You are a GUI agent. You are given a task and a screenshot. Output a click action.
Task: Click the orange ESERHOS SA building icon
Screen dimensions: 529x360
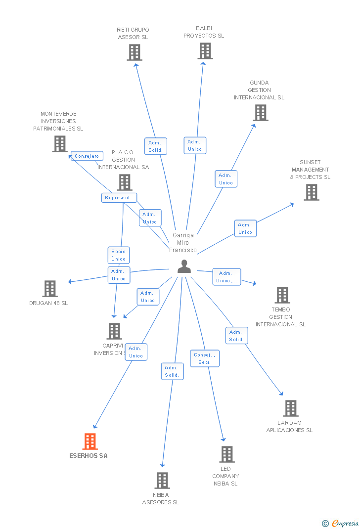[90, 441]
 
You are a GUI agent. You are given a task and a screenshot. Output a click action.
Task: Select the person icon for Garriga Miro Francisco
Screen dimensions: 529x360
[184, 266]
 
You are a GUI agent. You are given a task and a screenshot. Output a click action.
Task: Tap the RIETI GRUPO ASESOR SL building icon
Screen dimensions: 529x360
[135, 52]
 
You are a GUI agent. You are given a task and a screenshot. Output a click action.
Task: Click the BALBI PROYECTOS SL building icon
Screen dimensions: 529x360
[205, 51]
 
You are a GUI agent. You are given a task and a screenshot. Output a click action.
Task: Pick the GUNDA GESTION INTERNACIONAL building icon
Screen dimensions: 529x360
[260, 113]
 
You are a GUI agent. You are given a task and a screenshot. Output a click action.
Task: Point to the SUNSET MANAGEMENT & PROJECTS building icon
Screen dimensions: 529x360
[311, 192]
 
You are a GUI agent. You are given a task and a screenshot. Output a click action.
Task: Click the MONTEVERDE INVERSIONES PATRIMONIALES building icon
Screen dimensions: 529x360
[59, 144]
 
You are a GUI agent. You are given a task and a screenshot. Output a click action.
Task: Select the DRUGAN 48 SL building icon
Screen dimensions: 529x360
[49, 289]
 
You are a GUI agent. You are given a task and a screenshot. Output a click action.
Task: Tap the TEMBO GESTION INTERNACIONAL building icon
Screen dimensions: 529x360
[282, 295]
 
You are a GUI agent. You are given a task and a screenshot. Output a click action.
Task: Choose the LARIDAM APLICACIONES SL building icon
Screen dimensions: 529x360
[290, 408]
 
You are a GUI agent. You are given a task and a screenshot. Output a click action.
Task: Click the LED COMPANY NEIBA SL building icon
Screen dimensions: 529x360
[226, 454]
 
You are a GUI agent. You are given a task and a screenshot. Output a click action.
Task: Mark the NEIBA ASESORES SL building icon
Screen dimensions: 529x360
[162, 481]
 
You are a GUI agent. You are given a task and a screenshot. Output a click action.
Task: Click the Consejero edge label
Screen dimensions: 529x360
[87, 156]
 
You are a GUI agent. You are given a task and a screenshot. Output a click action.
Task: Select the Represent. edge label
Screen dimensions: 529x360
[119, 198]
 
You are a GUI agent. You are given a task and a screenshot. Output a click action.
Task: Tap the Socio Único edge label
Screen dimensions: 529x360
[119, 255]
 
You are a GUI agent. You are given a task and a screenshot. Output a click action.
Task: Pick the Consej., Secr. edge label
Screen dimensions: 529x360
[205, 358]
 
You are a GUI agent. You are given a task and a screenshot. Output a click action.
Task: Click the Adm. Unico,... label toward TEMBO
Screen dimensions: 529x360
[226, 277]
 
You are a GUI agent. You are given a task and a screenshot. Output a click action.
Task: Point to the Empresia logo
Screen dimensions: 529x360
[341, 523]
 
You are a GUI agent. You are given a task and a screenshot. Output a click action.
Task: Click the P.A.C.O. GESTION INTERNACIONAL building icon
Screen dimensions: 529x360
[124, 182]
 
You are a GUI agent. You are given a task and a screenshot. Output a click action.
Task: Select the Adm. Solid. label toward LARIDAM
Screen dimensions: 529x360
[236, 336]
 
